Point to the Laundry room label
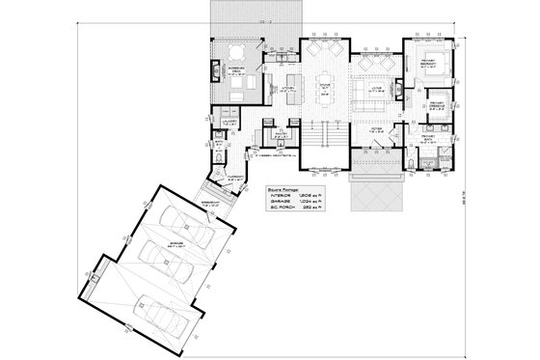click(x=230, y=123)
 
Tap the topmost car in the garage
click(x=181, y=223)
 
